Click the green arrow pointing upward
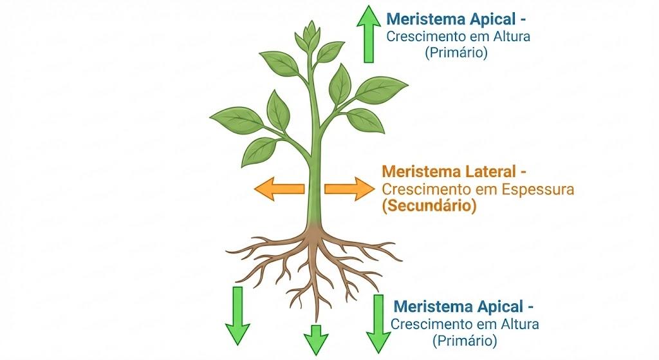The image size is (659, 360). pos(369,34)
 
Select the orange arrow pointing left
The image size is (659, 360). pos(279,189)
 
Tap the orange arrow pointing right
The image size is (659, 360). pos(349,189)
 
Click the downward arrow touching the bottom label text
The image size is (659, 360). pos(378,324)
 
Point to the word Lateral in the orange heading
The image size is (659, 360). pos(490,171)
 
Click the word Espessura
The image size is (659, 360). pos(538,190)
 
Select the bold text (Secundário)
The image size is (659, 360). pos(429,206)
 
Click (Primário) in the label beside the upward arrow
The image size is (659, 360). pos(456,53)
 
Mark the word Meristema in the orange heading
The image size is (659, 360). pos(422,171)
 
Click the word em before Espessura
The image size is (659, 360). pos(486,191)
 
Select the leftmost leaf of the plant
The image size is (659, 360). pos(237,120)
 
